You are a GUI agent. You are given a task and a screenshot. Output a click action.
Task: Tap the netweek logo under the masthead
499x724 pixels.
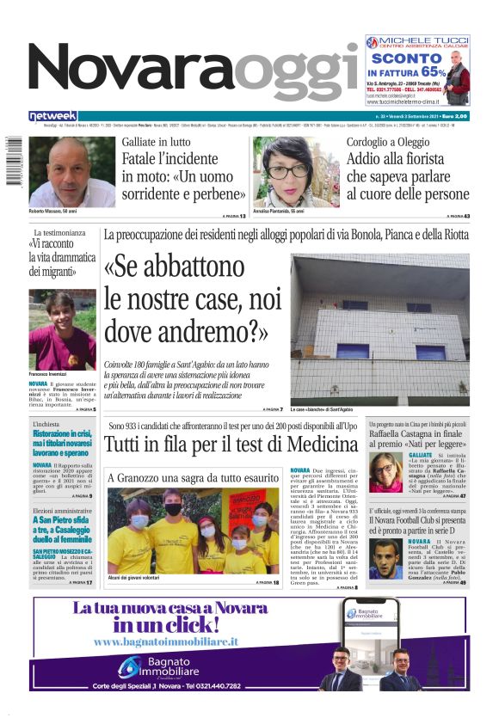pyautogui.click(x=53, y=116)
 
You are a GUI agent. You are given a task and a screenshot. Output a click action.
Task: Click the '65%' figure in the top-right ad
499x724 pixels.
pyautogui.click(x=434, y=72)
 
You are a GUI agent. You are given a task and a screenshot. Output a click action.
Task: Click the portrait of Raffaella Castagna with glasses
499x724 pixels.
pyautogui.click(x=383, y=471)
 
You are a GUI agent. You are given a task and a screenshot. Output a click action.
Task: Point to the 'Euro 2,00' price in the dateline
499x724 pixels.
pyautogui.click(x=455, y=116)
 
